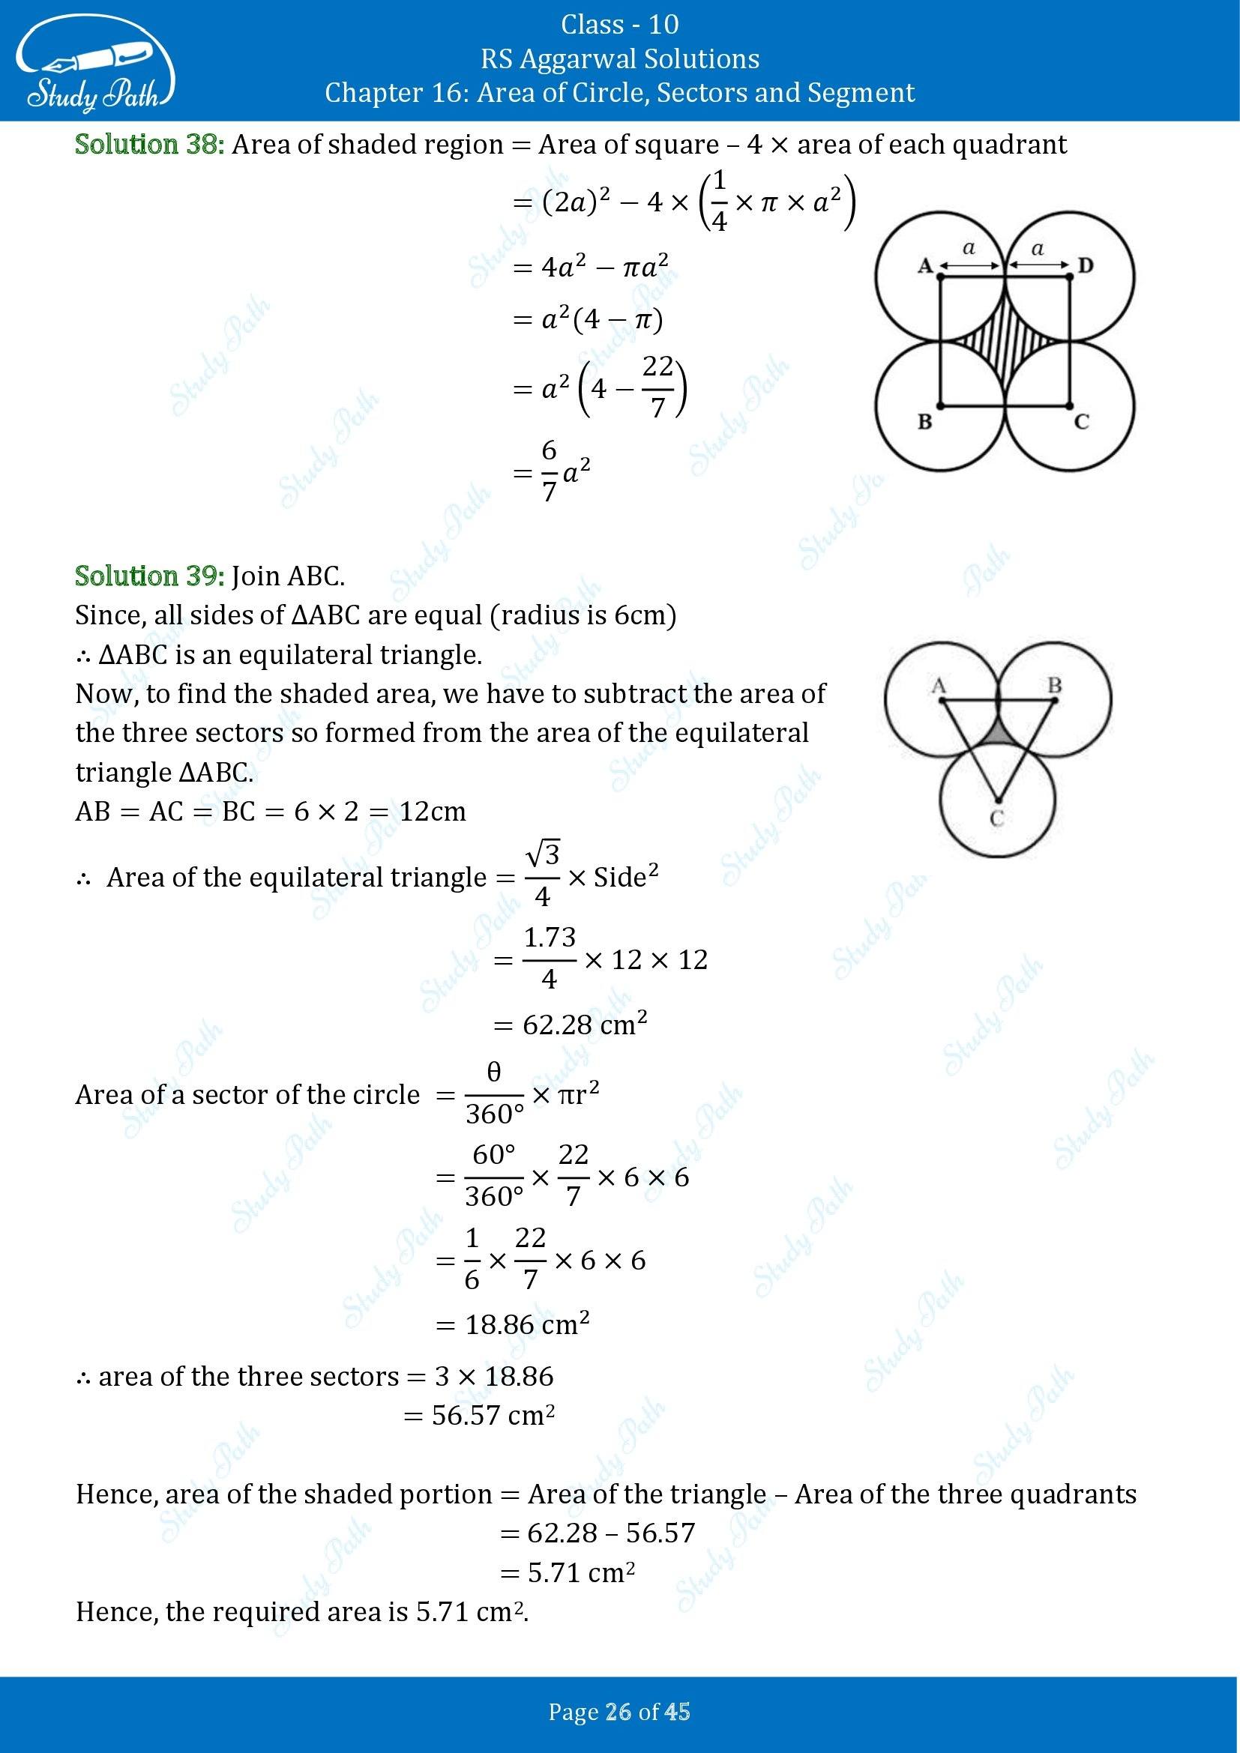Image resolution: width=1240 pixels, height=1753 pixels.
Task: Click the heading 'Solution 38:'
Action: (150, 145)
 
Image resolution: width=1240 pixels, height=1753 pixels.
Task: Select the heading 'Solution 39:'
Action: (150, 576)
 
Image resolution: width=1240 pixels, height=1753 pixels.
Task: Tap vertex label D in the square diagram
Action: (1085, 266)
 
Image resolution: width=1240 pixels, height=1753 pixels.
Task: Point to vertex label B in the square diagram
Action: (924, 420)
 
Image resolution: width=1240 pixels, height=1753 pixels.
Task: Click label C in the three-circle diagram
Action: (996, 819)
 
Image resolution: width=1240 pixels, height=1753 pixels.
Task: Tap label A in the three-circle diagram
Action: (939, 685)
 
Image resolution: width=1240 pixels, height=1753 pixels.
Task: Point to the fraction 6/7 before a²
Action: (549, 471)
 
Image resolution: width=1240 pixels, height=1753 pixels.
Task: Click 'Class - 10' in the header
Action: (619, 25)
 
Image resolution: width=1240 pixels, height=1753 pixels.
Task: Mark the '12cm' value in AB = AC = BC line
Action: (432, 811)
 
